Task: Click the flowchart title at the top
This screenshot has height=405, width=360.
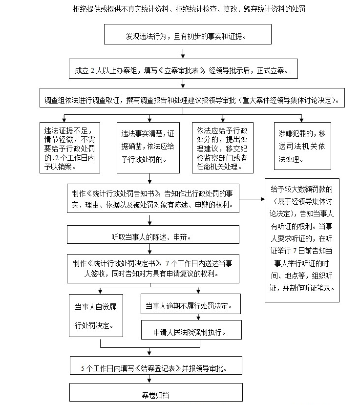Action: pos(189,9)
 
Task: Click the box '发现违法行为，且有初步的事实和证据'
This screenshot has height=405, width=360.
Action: pos(188,34)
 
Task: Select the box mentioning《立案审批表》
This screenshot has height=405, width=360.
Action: pos(183,69)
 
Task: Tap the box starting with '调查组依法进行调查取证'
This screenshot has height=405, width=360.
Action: pos(192,98)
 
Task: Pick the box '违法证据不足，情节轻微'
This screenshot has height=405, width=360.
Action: pos(70,148)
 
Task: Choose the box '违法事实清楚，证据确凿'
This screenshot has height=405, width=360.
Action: pos(148,148)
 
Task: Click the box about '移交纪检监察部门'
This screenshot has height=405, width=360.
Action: pos(223,148)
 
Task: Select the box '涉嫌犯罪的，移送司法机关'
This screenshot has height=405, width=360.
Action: pos(302,146)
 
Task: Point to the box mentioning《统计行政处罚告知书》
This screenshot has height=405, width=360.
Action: pos(153,198)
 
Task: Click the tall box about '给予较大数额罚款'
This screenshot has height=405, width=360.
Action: pos(302,240)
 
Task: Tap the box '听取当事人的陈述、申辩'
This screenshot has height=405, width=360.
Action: pos(153,234)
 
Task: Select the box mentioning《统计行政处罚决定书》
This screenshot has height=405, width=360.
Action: pos(153,269)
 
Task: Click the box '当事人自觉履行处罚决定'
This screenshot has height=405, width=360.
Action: pos(96,316)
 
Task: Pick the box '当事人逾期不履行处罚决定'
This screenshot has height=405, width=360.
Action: pos(191,304)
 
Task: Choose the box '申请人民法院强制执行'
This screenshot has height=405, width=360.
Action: pos(191,330)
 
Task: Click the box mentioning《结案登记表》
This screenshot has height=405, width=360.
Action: pos(156,365)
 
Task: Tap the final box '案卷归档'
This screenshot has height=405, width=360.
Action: pos(156,392)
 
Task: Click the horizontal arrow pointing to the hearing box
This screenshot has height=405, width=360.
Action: pos(252,199)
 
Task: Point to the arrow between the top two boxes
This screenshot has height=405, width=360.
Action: pos(183,54)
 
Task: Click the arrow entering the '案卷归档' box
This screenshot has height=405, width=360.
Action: pos(149,379)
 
